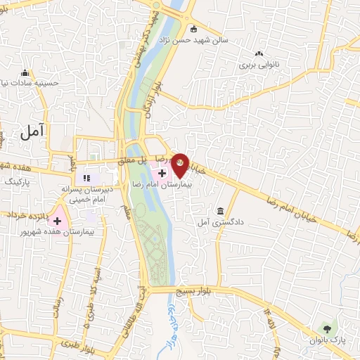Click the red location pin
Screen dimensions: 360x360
pyautogui.click(x=181, y=165)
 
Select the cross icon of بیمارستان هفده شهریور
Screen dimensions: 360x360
pyautogui.click(x=58, y=221)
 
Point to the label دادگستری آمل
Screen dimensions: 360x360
pyautogui.click(x=221, y=222)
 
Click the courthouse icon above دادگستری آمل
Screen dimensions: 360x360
pyautogui.click(x=221, y=212)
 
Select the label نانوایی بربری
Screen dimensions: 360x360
pyautogui.click(x=259, y=65)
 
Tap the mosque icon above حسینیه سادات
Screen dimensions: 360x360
pyautogui.click(x=25, y=72)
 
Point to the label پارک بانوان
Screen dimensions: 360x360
pyautogui.click(x=326, y=340)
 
